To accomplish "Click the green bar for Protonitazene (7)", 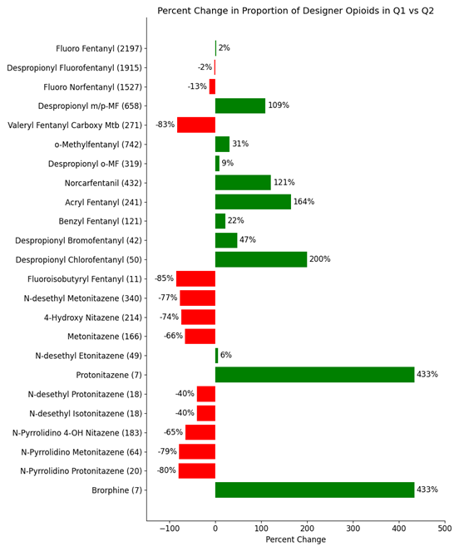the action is coord(315,375).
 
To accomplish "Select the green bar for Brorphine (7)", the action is coord(315,490).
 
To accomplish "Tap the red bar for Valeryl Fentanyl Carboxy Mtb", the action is coord(196,125).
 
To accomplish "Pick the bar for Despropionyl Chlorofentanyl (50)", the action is coord(261,259).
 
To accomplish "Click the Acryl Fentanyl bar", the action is coord(253,202).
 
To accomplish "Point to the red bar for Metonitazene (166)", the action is coord(200,337).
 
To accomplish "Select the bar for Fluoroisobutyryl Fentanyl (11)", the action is coord(195,278).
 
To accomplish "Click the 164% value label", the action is coord(304,202).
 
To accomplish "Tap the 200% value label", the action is coord(319,259).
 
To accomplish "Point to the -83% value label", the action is coord(165,125).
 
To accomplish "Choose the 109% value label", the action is coord(279,106).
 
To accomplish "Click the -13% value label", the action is coord(197,86).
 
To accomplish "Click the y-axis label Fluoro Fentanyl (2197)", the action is coord(99,48).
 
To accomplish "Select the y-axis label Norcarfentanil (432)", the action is coord(103,183).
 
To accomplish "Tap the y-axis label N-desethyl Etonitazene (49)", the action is coord(89,356).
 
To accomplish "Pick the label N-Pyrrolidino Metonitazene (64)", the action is coord(81,452).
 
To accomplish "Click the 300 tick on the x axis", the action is coord(353,529).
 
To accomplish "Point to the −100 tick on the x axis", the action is coord(170,529).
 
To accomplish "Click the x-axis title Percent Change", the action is coord(296,539).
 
